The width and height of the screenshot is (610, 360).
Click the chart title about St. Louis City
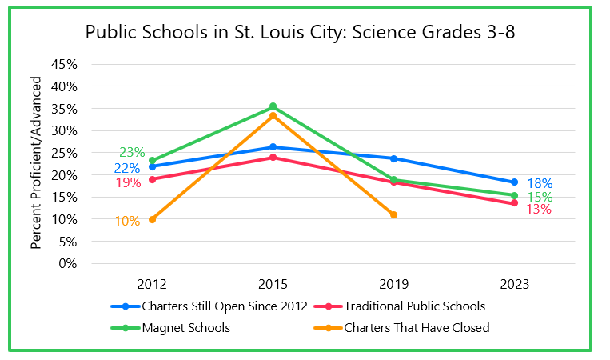tap(305, 33)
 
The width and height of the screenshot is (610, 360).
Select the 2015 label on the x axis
tap(273, 285)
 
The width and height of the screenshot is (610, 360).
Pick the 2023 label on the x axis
tap(514, 285)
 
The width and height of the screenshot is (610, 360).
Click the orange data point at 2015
tap(273, 116)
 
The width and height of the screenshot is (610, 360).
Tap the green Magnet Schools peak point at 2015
tap(273, 106)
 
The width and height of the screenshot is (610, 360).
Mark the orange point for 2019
tap(393, 214)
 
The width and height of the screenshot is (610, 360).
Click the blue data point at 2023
tap(514, 182)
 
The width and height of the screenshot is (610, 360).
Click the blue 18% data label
tap(540, 183)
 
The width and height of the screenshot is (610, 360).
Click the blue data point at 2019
tap(393, 158)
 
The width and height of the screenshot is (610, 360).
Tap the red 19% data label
tap(128, 182)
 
